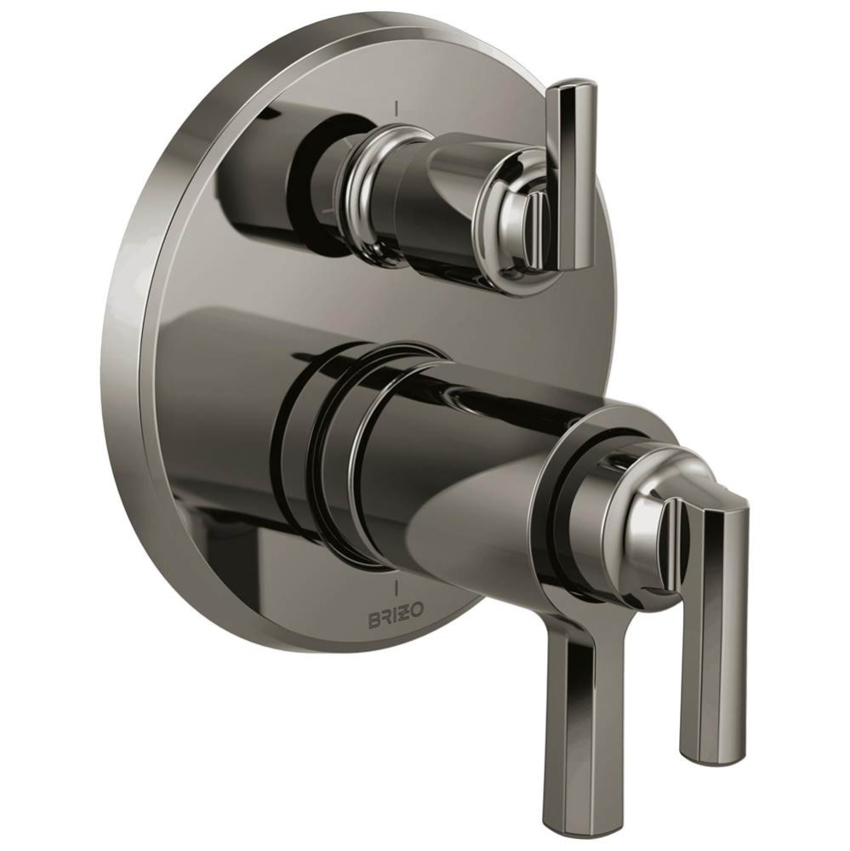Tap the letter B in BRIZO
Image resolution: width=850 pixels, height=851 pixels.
pyautogui.click(x=374, y=620)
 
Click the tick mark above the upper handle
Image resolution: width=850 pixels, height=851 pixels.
pyautogui.click(x=396, y=107)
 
